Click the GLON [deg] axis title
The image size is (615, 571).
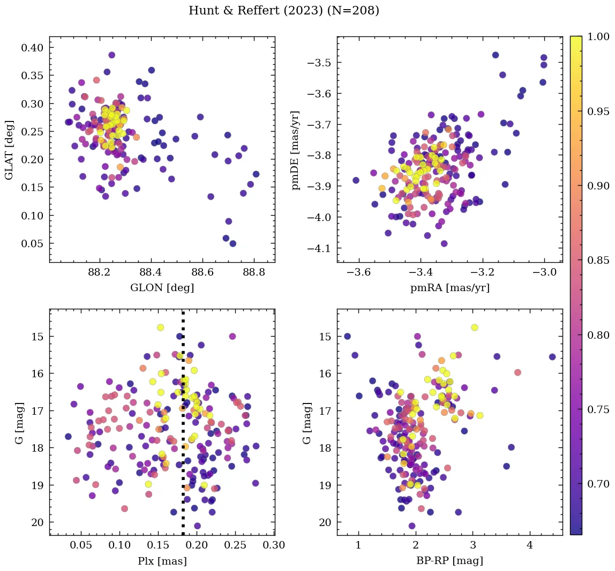(162, 288)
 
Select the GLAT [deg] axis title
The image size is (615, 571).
(9, 149)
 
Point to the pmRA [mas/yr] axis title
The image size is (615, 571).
(449, 288)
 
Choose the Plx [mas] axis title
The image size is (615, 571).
(162, 561)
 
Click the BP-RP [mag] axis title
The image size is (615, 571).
(449, 561)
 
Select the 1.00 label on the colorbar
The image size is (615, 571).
(599, 36)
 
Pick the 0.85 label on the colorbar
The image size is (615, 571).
(599, 260)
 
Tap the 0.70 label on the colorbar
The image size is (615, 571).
(599, 484)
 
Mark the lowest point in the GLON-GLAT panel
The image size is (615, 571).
(233, 243)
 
